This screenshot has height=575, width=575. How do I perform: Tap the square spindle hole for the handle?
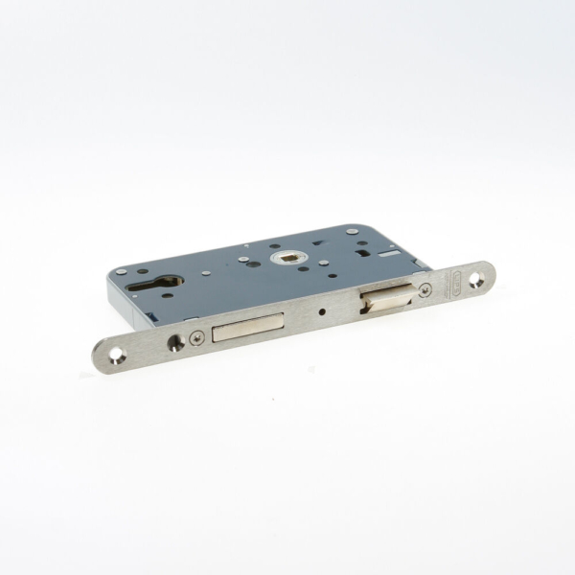click(288, 257)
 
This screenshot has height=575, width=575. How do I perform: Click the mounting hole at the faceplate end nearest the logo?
click(477, 277)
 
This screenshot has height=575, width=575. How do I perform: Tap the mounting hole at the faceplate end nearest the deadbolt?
click(117, 356)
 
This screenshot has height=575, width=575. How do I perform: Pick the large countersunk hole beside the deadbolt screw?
click(175, 341)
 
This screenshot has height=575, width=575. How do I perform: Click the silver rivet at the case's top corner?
click(353, 232)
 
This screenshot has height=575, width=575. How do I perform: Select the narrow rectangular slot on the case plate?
click(388, 254)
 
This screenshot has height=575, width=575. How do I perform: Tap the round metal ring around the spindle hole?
click(288, 257)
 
